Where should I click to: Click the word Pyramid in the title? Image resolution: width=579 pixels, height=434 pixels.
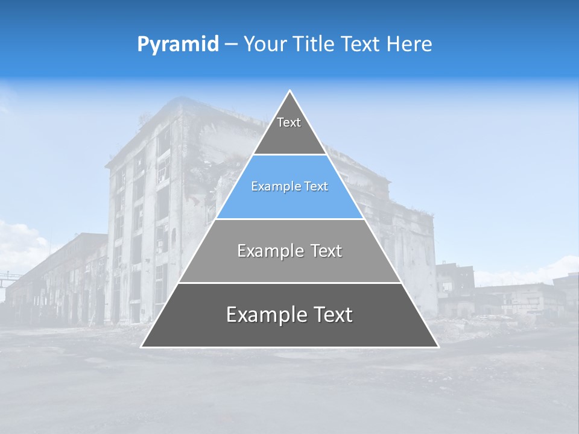click(177, 45)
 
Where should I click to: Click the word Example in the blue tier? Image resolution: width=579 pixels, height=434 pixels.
click(273, 187)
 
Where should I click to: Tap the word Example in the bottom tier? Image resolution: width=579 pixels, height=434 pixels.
click(266, 315)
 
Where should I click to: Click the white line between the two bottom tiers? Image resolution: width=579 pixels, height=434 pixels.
click(289, 283)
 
